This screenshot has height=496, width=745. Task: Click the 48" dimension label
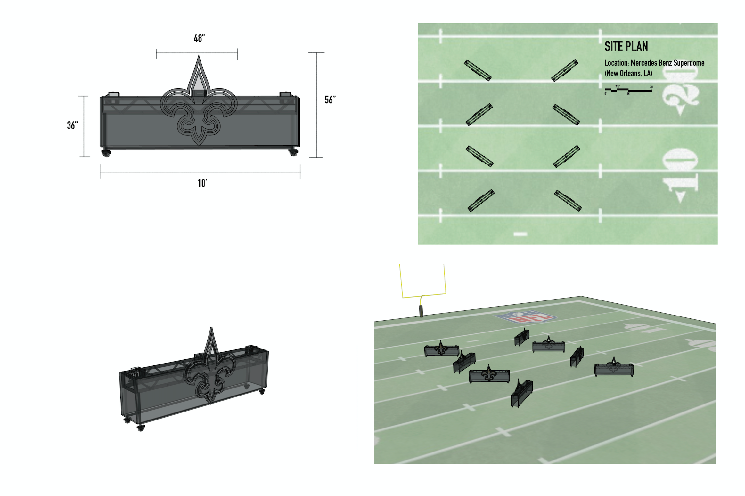pos(199,38)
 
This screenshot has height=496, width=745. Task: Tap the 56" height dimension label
pos(330,100)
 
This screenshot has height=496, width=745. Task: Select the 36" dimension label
pos(72,125)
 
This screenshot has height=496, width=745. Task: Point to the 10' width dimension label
pos(202,183)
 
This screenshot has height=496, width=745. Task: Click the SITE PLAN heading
pos(626,47)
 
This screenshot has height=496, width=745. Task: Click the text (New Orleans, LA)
pos(628,73)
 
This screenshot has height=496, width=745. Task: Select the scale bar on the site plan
pos(628,90)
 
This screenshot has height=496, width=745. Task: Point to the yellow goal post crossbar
pos(423,295)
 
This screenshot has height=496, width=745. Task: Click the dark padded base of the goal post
pos(421,311)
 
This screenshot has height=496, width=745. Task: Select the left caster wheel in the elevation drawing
pos(106,154)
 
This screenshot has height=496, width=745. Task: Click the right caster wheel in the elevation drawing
pos(293,153)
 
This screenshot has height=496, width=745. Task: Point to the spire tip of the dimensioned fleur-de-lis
pos(199,57)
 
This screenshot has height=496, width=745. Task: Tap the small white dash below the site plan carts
pos(520,234)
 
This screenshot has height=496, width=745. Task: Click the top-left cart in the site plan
pos(477,70)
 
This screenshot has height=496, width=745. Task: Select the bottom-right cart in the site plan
pos(568,200)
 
